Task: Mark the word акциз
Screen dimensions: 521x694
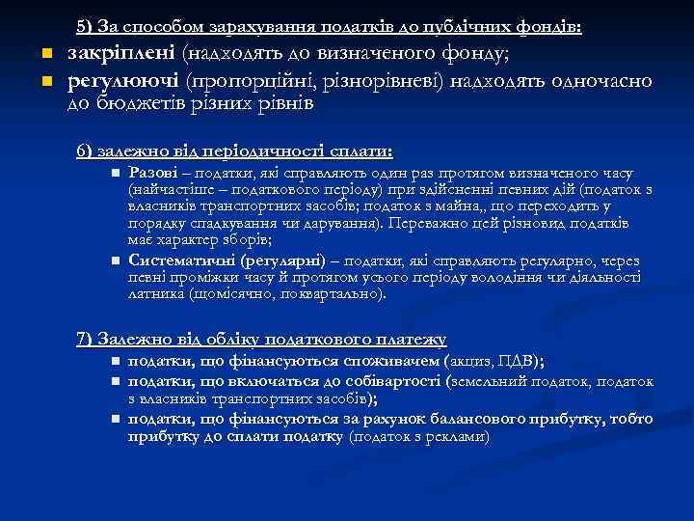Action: [471, 362]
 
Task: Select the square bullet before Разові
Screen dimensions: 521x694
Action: [114, 174]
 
